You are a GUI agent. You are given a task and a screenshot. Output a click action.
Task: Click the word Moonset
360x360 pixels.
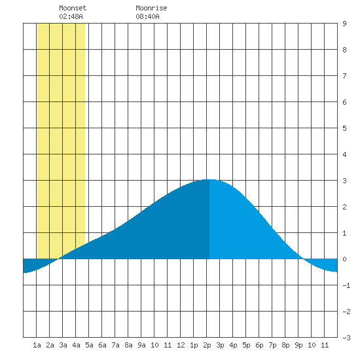[73, 8]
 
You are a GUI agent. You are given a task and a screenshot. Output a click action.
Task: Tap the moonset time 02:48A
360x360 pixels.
[71, 16]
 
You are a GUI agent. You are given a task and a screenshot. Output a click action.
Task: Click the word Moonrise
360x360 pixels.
[151, 8]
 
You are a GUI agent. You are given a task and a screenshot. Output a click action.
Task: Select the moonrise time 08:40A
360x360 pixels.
[147, 16]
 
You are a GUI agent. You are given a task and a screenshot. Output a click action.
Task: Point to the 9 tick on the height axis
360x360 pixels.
[344, 24]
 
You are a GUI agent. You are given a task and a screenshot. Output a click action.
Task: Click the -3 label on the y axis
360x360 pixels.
[346, 338]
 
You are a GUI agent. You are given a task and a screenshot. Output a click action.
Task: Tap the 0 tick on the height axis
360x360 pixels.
[344, 259]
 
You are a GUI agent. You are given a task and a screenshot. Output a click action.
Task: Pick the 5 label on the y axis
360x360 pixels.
[344, 128]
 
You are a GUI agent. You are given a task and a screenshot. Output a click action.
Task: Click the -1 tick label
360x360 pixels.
[346, 285]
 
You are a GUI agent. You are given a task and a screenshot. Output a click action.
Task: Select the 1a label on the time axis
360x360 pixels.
[37, 345]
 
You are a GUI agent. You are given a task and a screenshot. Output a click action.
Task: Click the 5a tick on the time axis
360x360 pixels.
[89, 345]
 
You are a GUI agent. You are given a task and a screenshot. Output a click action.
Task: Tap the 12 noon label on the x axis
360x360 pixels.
[181, 345]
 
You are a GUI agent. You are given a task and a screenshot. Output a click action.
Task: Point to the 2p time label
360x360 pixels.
[207, 345]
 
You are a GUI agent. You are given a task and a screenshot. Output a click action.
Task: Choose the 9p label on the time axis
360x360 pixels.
[298, 345]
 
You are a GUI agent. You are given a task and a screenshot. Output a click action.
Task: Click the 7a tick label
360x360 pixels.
[115, 345]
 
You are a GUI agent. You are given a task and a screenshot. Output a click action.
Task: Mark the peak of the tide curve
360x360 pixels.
[209, 179]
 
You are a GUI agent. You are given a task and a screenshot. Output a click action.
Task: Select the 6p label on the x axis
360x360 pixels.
[259, 345]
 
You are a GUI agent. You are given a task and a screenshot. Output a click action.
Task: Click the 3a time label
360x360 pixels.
[63, 345]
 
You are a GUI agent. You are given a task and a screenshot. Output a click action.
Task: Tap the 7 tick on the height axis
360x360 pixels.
[344, 76]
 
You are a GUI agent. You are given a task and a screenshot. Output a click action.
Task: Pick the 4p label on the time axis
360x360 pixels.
[233, 345]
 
